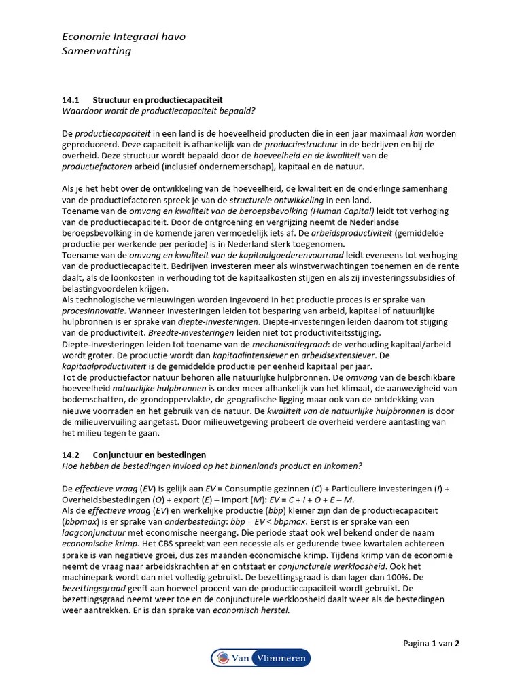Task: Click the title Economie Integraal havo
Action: pos(123,37)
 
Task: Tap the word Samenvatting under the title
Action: pos(97,51)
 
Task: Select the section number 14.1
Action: pos(71,99)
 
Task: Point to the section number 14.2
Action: pos(71,455)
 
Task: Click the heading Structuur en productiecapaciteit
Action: pos(157,99)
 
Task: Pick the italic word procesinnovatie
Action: pos(92,310)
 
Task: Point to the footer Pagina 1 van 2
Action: pos(431,643)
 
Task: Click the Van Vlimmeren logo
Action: pos(260,657)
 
